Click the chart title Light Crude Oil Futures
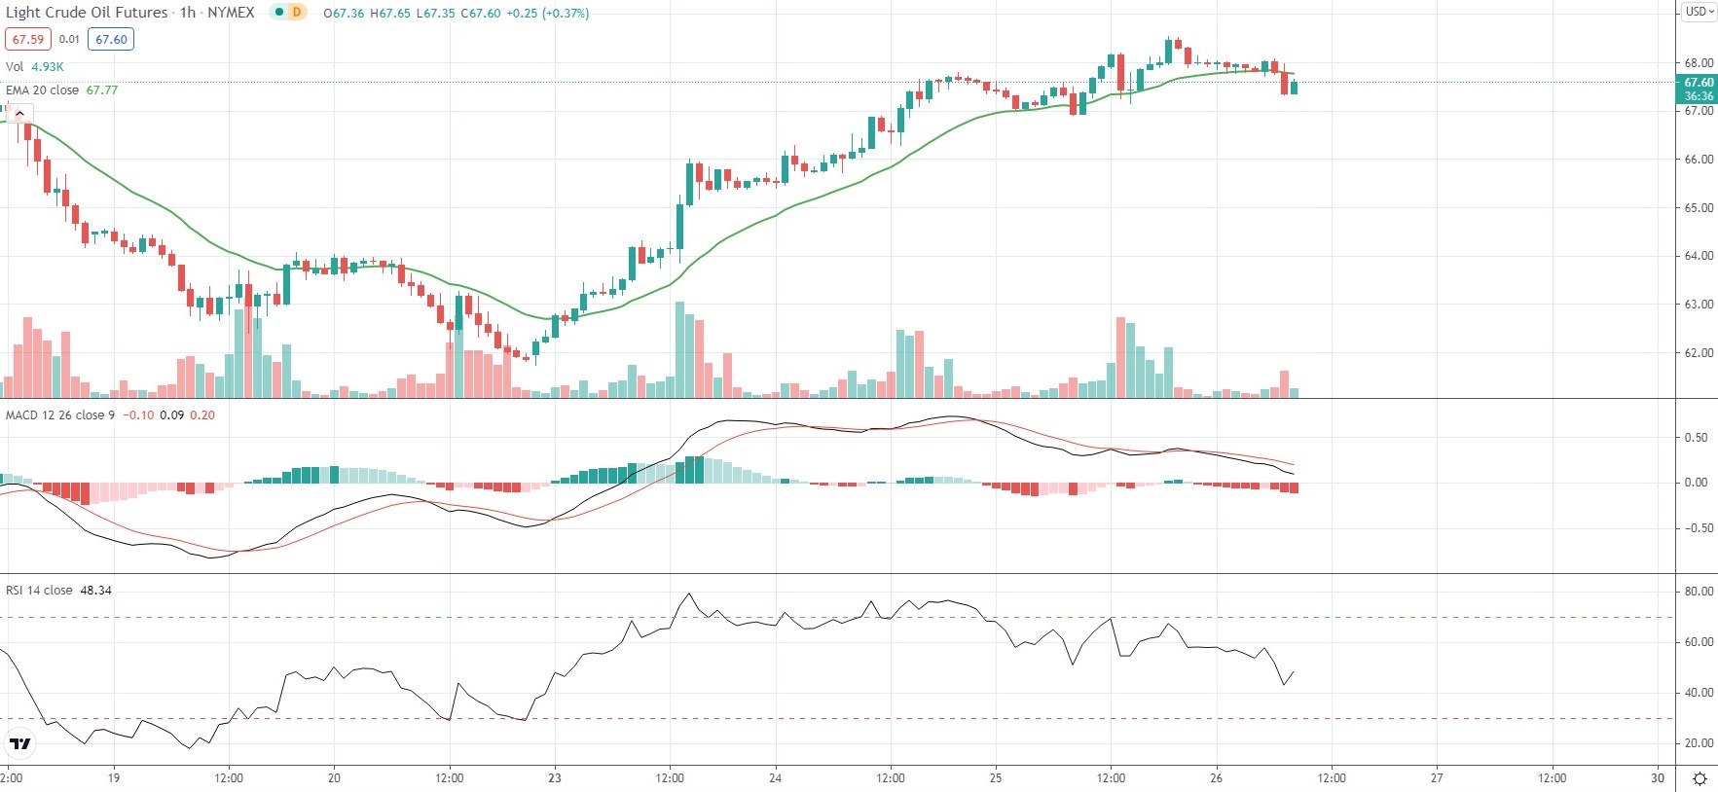click(x=87, y=13)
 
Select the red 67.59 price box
click(x=28, y=39)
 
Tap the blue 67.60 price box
click(x=111, y=39)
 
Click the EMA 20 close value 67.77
click(x=102, y=90)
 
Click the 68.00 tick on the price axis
click(x=1699, y=63)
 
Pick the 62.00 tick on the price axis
click(x=1699, y=353)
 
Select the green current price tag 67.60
click(x=1699, y=83)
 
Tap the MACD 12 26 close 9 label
click(x=60, y=415)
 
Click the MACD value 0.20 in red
click(x=202, y=415)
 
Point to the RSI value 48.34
click(x=95, y=591)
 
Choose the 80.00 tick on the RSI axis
click(x=1699, y=592)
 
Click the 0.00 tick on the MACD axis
click(x=1696, y=483)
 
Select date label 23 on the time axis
click(x=555, y=777)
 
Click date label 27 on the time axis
click(x=1437, y=777)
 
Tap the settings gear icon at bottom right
click(x=1700, y=778)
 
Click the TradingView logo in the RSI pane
click(x=19, y=744)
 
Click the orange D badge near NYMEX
click(x=296, y=13)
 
